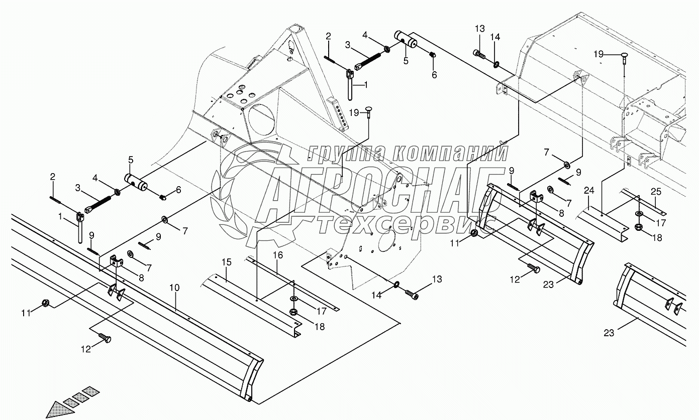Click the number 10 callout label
pyautogui.click(x=174, y=288)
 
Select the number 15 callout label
pyautogui.click(x=227, y=262)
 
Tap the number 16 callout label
pyautogui.click(x=278, y=255)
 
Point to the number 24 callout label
pyautogui.click(x=589, y=191)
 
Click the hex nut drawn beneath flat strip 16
pyautogui.click(x=294, y=313)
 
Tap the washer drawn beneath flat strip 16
pyautogui.click(x=293, y=302)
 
